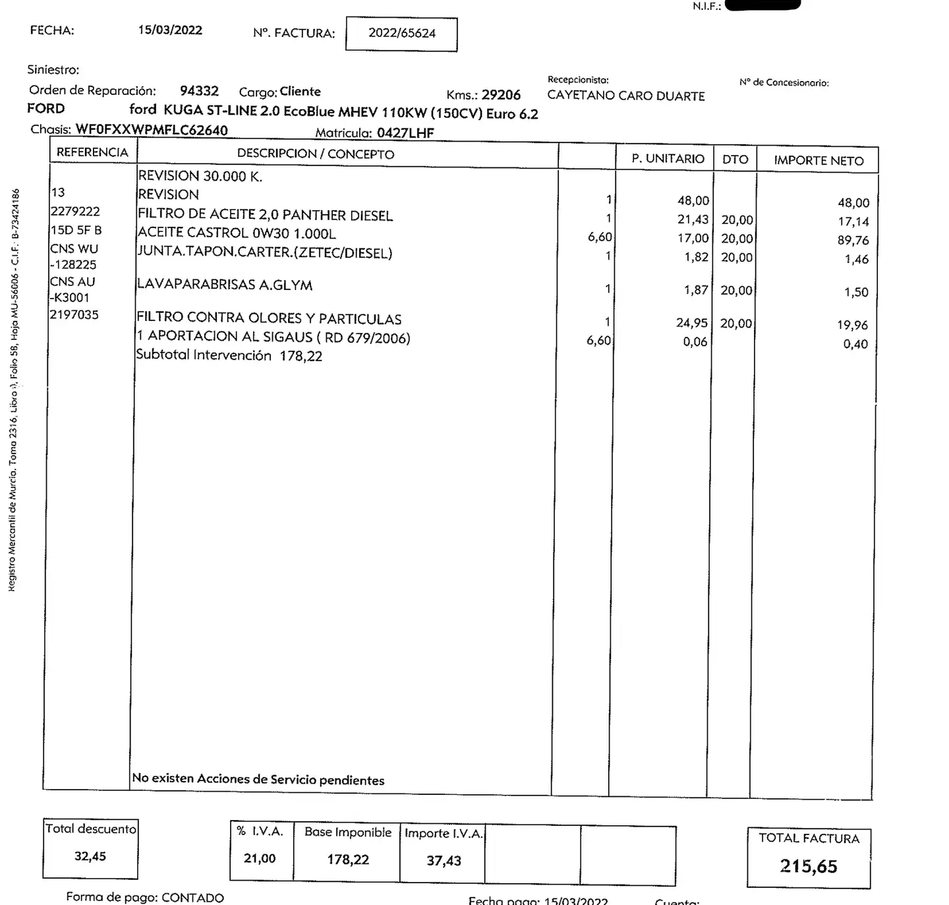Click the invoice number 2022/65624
pyautogui.click(x=401, y=33)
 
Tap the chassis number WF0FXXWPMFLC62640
pyautogui.click(x=152, y=130)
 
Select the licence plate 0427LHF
pyautogui.click(x=405, y=133)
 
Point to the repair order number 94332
pyautogui.click(x=199, y=91)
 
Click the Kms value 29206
pyautogui.click(x=501, y=95)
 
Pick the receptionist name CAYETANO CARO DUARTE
pyautogui.click(x=625, y=96)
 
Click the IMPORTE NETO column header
pyautogui.click(x=818, y=160)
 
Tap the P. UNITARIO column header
pyautogui.click(x=668, y=159)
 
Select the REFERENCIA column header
pyautogui.click(x=92, y=152)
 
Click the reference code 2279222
pyautogui.click(x=75, y=212)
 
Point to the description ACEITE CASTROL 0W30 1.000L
pyautogui.click(x=237, y=233)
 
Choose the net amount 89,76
pyautogui.click(x=853, y=241)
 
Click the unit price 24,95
pyautogui.click(x=691, y=323)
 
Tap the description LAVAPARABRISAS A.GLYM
pyautogui.click(x=224, y=285)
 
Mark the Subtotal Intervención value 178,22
pyautogui.click(x=301, y=356)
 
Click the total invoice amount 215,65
pyautogui.click(x=809, y=866)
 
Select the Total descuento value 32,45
pyautogui.click(x=90, y=856)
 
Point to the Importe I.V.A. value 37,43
pyautogui.click(x=444, y=860)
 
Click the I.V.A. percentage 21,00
pyautogui.click(x=260, y=858)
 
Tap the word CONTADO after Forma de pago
pyautogui.click(x=192, y=898)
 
